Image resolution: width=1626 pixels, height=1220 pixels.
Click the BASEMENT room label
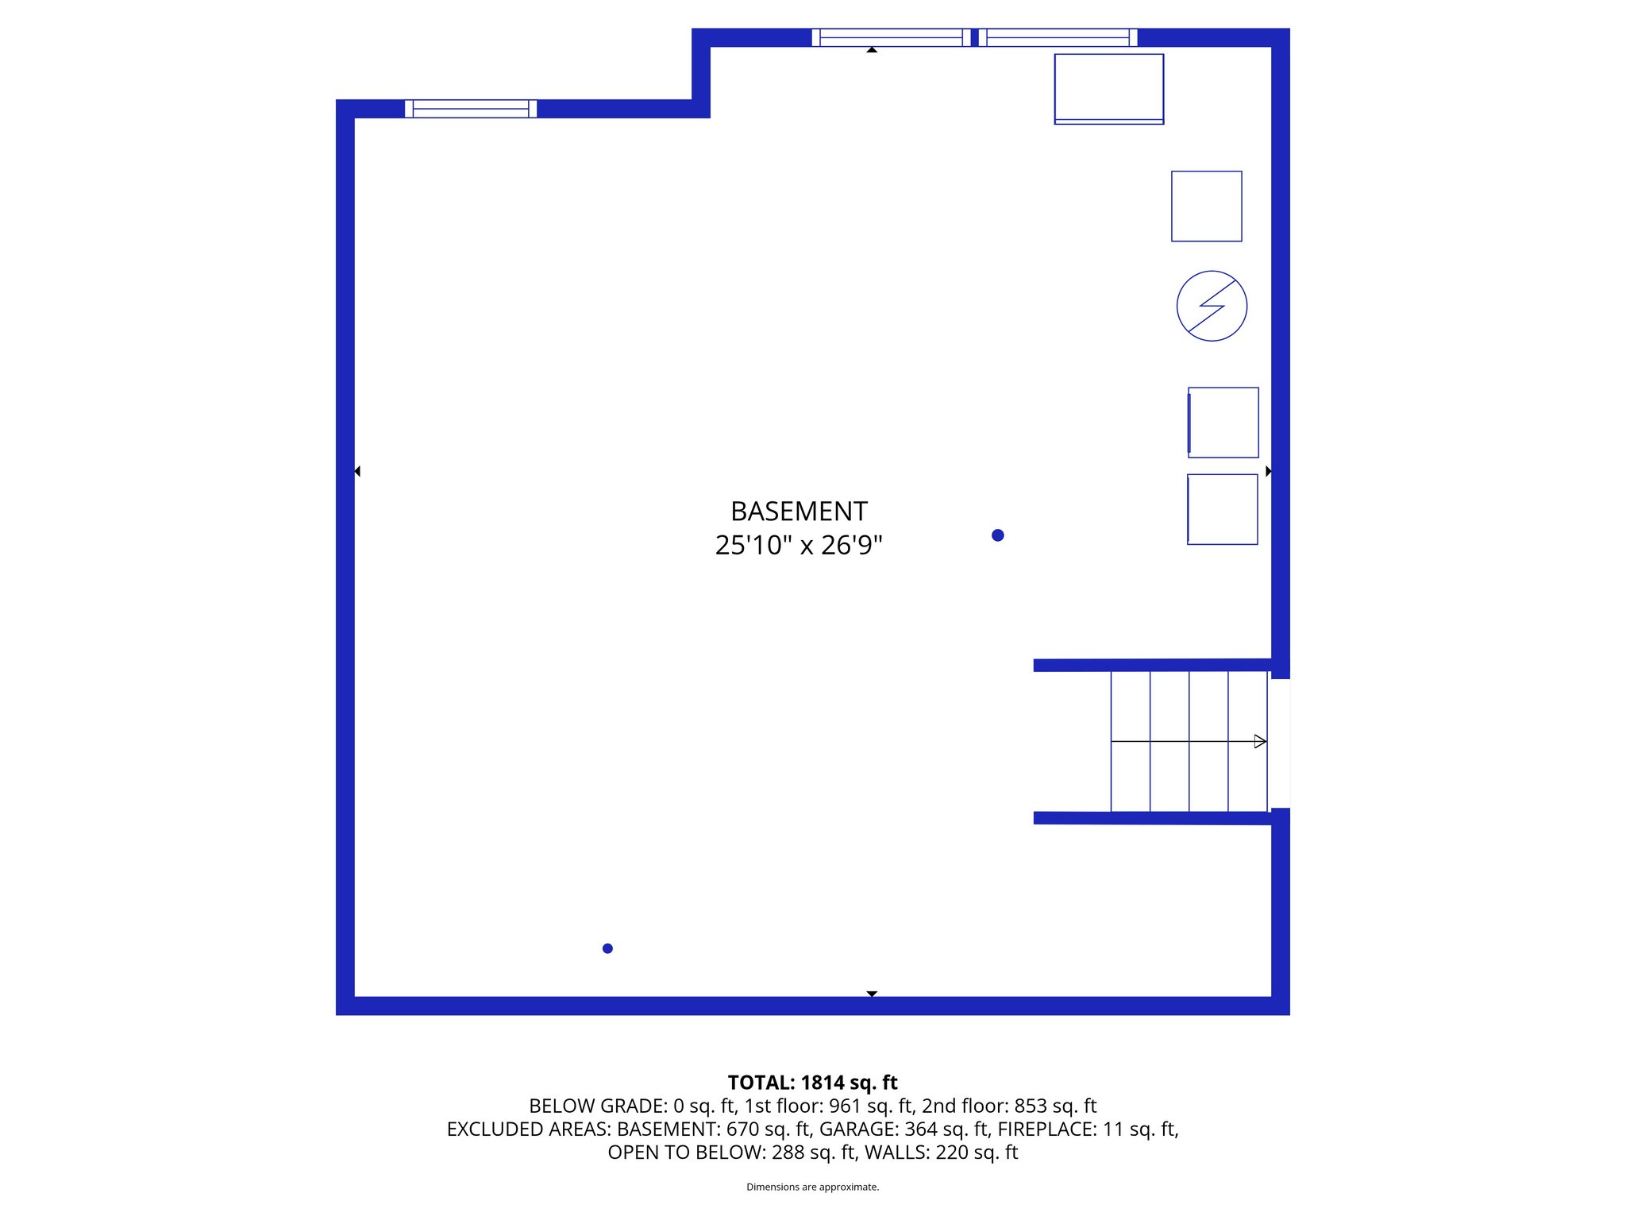(x=799, y=511)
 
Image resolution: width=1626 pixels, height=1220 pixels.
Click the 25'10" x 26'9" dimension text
(x=799, y=546)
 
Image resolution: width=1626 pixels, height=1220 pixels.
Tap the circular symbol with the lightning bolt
(x=1212, y=306)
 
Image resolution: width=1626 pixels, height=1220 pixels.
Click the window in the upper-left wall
(x=471, y=109)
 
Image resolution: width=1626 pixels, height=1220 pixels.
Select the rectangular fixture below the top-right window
(x=1108, y=89)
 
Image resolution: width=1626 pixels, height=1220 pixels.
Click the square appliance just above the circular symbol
(x=1206, y=207)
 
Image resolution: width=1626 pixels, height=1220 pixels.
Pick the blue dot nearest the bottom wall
(x=607, y=948)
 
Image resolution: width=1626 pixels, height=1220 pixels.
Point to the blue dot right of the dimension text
(x=998, y=535)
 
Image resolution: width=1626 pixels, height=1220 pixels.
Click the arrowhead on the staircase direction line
(x=1259, y=741)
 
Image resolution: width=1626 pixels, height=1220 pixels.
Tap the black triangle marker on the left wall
(x=357, y=471)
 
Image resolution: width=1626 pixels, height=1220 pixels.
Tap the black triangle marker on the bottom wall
(x=872, y=994)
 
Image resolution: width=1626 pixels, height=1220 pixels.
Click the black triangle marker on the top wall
(x=872, y=50)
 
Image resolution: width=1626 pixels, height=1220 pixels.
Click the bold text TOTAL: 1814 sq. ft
(x=812, y=1083)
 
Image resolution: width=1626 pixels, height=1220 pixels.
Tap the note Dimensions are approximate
(x=812, y=1187)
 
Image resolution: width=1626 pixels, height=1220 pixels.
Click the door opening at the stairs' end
(x=1280, y=743)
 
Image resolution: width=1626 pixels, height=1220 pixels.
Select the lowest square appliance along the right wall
(x=1223, y=509)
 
